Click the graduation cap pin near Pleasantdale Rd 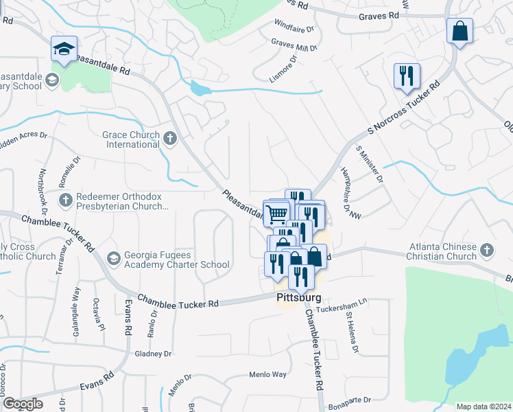pos(64,49)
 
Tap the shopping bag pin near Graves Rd pos(460,31)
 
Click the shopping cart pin pos(276,213)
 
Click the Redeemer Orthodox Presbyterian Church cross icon pos(65,201)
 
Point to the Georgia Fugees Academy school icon pos(113,259)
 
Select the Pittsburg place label pos(299,299)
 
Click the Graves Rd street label pos(374,15)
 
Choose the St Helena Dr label pos(352,332)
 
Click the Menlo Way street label pos(267,375)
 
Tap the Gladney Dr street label pos(153,354)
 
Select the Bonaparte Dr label pos(348,399)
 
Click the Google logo pos(23,404)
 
